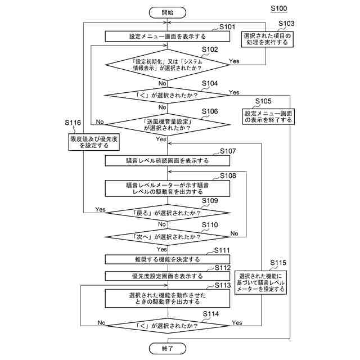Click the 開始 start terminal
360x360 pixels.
point(167,12)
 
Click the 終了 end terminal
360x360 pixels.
point(167,349)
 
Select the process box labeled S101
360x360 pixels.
point(167,36)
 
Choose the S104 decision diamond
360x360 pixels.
point(167,95)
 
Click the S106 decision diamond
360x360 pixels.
point(167,124)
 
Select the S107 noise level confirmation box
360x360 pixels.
point(167,160)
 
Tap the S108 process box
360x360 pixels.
point(167,188)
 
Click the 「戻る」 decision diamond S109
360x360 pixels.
point(167,214)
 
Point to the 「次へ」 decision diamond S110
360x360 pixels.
point(167,237)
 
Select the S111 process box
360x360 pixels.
point(167,260)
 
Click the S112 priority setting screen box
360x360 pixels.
point(167,276)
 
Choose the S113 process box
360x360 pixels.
point(167,299)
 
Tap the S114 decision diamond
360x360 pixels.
point(167,325)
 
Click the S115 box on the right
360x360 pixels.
point(263,281)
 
